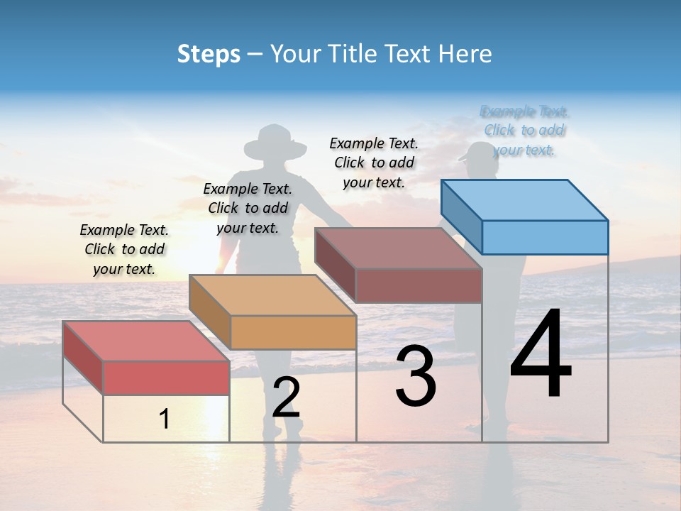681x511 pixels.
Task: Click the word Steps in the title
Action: coord(208,54)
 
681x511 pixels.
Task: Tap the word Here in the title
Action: coord(465,54)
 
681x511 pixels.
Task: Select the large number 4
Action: coord(541,355)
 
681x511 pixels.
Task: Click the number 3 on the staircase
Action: coord(415,376)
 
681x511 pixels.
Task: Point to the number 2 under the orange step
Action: coord(286,397)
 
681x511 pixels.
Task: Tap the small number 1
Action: coord(164,419)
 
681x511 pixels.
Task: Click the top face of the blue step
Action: coord(525,199)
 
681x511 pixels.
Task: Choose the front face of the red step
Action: coord(166,378)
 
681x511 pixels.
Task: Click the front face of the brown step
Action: coord(419,285)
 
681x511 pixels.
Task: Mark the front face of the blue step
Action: coord(545,237)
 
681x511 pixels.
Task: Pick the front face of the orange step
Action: coord(293,332)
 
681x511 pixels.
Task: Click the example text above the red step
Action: coord(124,249)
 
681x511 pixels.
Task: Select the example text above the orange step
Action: coord(248,208)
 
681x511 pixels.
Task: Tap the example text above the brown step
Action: coord(374,163)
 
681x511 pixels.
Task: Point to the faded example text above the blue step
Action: coord(524,131)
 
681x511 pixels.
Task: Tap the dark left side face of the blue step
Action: coord(461,216)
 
